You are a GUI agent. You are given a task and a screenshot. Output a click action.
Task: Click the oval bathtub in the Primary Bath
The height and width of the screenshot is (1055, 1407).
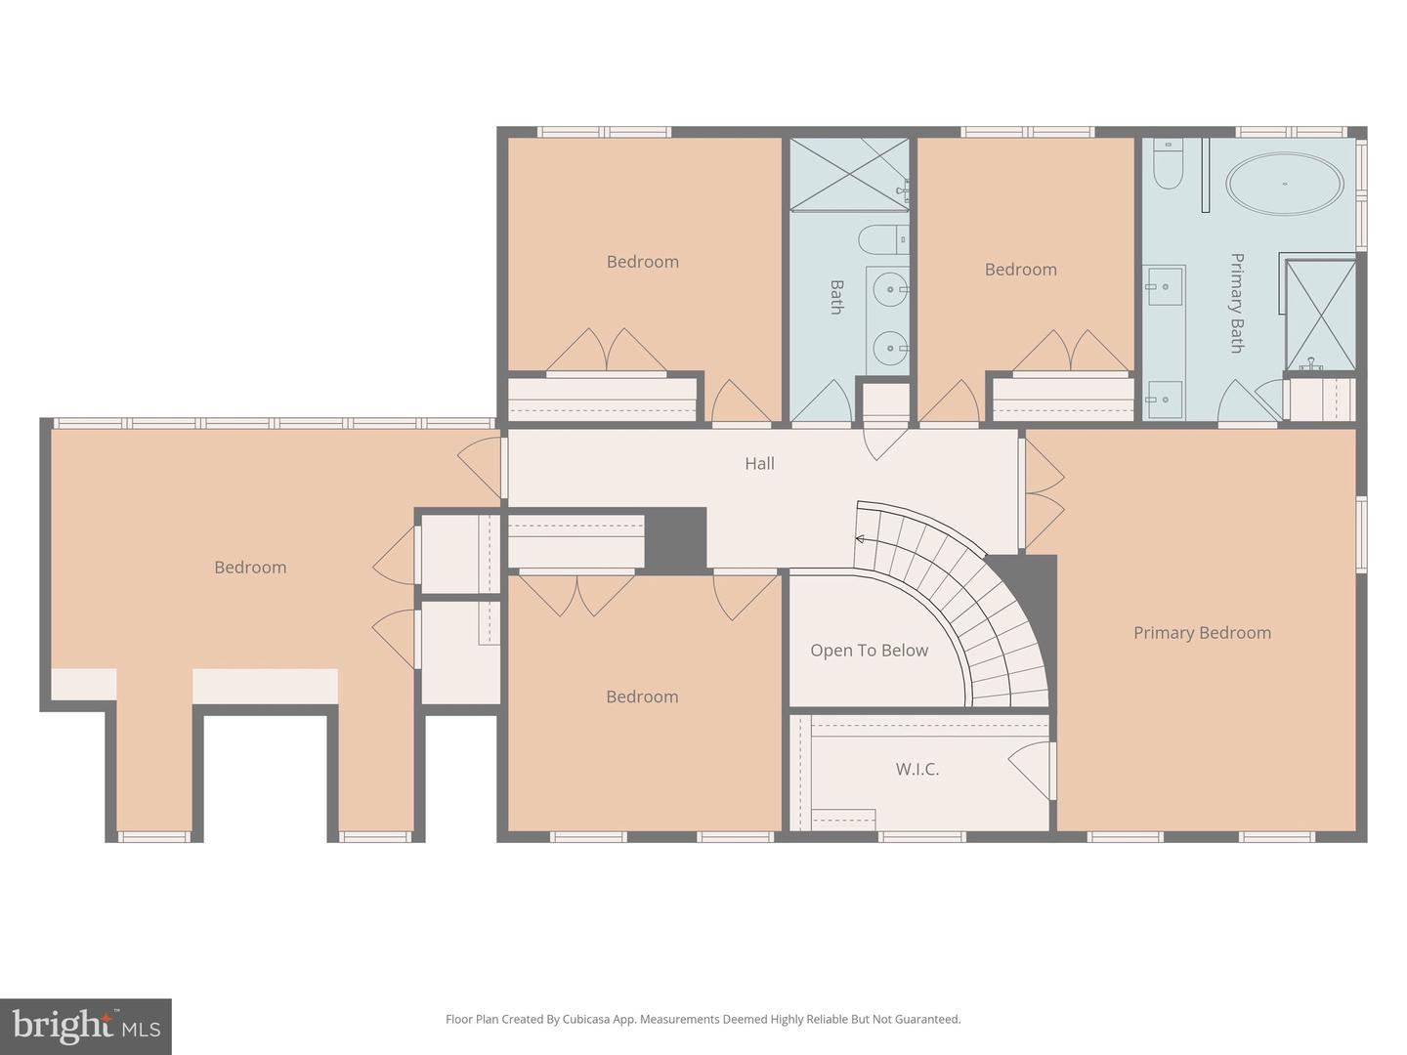coord(1284,184)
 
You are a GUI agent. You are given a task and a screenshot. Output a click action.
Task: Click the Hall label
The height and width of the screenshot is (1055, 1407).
coord(759,464)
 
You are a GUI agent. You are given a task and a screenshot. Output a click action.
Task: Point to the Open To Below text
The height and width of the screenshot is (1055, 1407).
coord(869,651)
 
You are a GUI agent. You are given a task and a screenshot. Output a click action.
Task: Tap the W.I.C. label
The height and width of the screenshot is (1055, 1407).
coord(917,770)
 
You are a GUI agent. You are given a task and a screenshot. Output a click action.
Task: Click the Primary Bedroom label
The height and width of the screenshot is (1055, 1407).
coord(1202,633)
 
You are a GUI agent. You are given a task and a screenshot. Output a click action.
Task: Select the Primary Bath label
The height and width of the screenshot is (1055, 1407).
coord(1236,303)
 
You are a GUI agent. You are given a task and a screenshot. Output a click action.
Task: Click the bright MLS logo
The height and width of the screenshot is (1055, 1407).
coord(86,1026)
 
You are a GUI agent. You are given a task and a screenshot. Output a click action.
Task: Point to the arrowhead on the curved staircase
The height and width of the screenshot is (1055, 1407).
coord(860,538)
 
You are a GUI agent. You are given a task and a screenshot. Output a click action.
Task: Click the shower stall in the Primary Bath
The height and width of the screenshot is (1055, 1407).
coord(1320,315)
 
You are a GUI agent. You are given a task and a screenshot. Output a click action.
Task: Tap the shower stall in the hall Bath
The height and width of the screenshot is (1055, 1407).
coord(848,173)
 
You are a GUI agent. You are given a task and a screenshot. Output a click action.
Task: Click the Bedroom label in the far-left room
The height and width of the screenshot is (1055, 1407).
coord(250,568)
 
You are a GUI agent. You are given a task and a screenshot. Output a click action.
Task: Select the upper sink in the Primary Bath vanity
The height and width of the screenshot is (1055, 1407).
coord(1165,287)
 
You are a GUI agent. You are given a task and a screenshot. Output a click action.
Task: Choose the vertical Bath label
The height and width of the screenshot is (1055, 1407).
coord(836,297)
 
